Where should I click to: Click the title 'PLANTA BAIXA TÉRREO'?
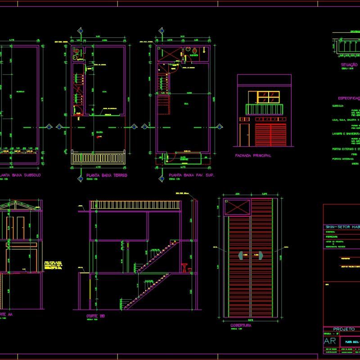coord(107,175)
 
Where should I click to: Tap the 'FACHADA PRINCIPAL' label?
coord(253,156)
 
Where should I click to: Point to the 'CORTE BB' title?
coord(95,316)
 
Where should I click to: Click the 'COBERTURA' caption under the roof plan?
coord(241,325)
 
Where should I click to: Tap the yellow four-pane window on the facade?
coord(269,97)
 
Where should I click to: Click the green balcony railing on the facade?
coord(264,109)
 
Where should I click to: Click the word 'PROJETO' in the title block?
coord(345,329)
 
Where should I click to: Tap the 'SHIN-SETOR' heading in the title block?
coord(342,227)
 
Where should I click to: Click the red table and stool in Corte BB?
coord(184,268)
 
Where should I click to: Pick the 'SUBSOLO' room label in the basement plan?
coord(20,91)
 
